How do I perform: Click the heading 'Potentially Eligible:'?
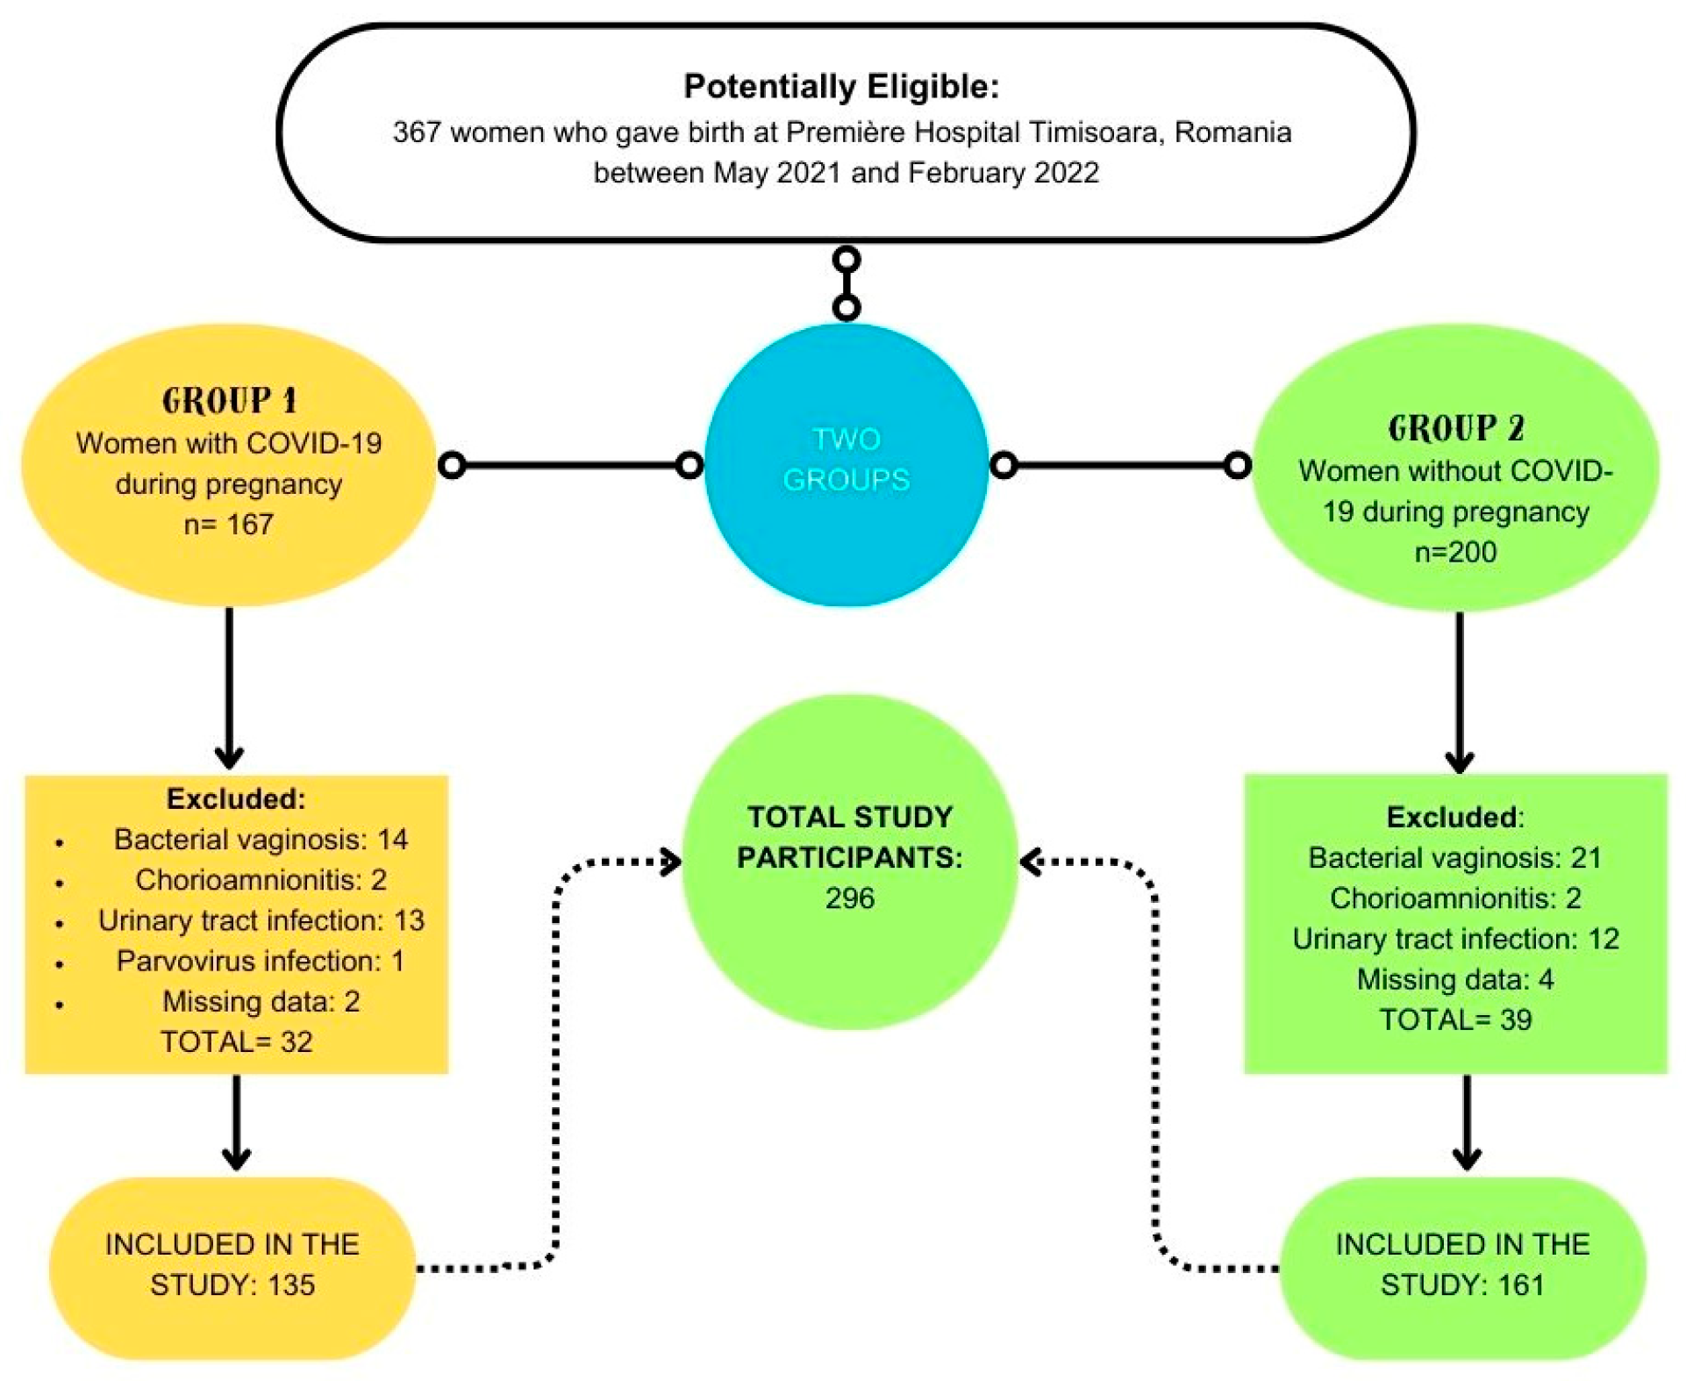point(840,86)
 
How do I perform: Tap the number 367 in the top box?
point(416,132)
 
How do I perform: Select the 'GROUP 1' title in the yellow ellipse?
point(229,401)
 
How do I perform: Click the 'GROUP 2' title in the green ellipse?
point(1455,428)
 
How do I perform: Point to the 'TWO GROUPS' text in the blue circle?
point(846,459)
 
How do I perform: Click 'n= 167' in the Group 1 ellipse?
point(228,524)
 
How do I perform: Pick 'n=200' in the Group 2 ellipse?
point(1455,552)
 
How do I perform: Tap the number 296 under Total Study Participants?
point(849,898)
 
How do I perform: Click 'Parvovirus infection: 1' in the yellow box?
point(260,961)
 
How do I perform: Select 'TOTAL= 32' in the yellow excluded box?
point(236,1041)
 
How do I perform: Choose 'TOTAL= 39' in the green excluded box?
point(1455,1020)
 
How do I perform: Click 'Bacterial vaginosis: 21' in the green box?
point(1454,857)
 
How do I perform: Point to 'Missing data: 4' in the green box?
point(1454,979)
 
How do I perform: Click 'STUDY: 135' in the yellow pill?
point(232,1284)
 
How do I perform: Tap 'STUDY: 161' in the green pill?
point(1461,1284)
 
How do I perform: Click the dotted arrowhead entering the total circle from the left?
point(672,862)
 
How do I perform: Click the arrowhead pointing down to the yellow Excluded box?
point(229,756)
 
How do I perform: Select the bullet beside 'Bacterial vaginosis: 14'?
point(59,842)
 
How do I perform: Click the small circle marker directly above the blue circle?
point(846,307)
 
